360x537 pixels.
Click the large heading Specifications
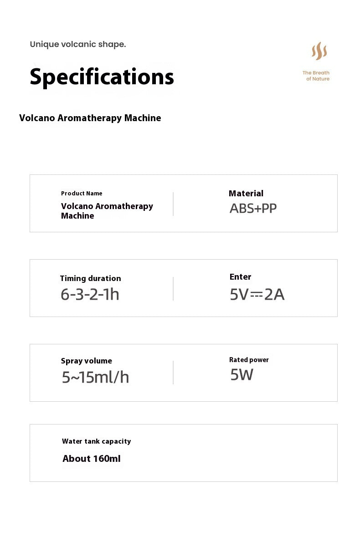[x=102, y=77]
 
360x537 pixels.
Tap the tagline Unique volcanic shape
[x=78, y=44]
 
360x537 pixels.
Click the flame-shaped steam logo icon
[x=319, y=51]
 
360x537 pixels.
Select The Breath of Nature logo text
[x=316, y=76]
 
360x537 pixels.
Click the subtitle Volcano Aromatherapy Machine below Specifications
[x=90, y=118]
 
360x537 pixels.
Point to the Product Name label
[x=82, y=193]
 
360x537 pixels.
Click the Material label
[x=246, y=193]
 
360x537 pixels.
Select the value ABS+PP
[x=253, y=208]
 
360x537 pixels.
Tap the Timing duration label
[x=90, y=278]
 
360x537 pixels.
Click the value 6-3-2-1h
[x=90, y=294]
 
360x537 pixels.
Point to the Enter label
[x=240, y=276]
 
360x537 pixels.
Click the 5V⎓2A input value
[x=257, y=294]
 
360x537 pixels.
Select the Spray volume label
[x=87, y=361]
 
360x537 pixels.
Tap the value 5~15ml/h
[x=95, y=377]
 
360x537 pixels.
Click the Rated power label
[x=249, y=360]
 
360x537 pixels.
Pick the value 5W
[x=242, y=375]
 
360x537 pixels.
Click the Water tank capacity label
[x=96, y=441]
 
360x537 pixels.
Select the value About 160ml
[x=92, y=459]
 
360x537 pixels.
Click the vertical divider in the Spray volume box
[x=173, y=373]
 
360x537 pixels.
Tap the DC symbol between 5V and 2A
[x=257, y=295]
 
